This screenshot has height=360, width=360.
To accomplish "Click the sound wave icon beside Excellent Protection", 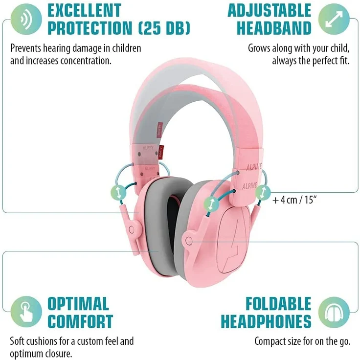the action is click(x=26, y=19).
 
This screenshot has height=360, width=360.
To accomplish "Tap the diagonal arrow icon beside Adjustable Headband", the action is click(x=334, y=19).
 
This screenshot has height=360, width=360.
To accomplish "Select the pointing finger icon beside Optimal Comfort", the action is click(x=26, y=312).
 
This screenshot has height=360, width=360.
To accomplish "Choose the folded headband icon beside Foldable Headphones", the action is click(x=334, y=312).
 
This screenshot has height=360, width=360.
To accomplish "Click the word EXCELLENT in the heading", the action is click(x=85, y=11).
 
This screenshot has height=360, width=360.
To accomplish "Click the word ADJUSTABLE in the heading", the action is click(x=270, y=11).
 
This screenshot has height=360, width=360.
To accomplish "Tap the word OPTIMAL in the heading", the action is click(x=78, y=304).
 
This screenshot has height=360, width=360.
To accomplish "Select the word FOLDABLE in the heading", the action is click(x=278, y=304).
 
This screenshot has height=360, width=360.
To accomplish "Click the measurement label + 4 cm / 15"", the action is click(x=294, y=200).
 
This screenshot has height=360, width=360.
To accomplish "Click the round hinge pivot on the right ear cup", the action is click(x=189, y=241).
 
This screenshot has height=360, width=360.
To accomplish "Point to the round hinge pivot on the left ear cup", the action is click(x=132, y=229).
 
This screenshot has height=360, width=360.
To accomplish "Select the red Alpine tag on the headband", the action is click(x=161, y=153).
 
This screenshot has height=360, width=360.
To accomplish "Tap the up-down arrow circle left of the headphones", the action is click(x=118, y=193).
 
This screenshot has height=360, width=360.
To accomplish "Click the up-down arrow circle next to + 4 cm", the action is click(x=263, y=192).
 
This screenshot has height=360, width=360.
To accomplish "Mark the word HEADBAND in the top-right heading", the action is click(x=274, y=28).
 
